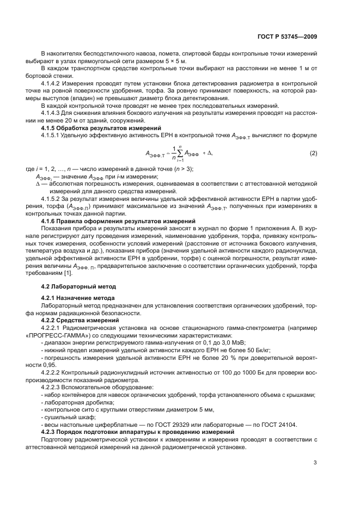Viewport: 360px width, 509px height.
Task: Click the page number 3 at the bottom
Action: (315, 463)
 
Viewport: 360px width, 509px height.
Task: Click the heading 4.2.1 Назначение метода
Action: (78, 298)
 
